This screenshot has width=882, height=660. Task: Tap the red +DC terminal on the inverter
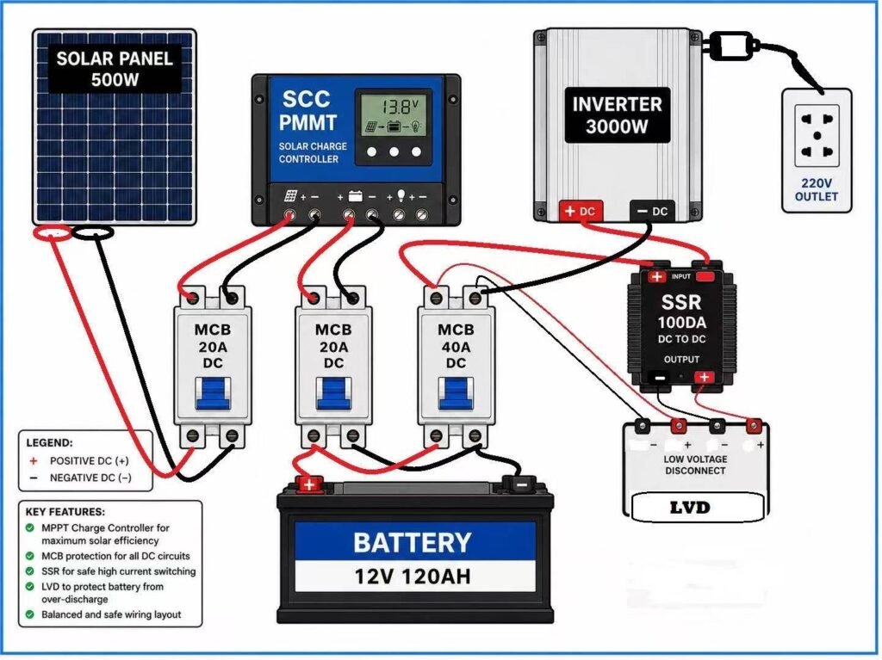581,212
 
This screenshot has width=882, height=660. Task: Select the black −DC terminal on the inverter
652,212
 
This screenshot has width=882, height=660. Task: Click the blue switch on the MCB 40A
455,393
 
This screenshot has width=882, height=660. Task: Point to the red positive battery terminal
309,484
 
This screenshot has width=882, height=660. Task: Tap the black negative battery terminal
522,484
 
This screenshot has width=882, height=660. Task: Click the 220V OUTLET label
817,190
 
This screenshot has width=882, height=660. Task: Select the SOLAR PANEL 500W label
115,69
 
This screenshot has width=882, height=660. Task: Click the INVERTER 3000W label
617,115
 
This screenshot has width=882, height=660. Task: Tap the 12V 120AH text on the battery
413,577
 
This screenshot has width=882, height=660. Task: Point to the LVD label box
696,507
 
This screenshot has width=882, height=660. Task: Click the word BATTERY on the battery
413,542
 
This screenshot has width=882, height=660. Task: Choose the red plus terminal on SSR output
705,377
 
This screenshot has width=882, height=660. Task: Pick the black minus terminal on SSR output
659,378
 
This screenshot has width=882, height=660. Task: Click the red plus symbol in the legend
34,460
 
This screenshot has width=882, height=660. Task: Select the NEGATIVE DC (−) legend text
90,478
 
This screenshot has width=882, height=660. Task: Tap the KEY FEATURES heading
65,512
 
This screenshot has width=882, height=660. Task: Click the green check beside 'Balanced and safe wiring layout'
30,614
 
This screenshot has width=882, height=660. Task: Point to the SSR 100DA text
681,312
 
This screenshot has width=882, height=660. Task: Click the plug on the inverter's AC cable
730,45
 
